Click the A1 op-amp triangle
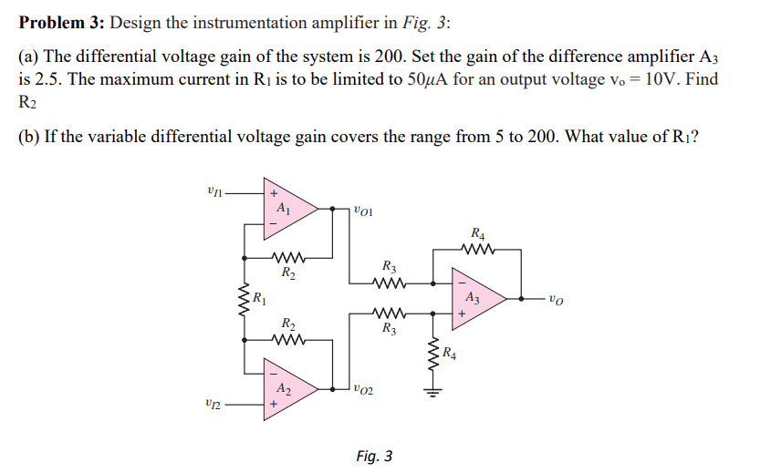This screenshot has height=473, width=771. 287,209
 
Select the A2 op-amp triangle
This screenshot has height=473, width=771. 287,389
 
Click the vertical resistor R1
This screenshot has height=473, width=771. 245,298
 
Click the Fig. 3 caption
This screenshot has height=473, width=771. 374,455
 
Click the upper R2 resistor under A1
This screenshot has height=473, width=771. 287,256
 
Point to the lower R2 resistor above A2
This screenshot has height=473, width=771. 287,341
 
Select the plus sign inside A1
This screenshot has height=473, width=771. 271,193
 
